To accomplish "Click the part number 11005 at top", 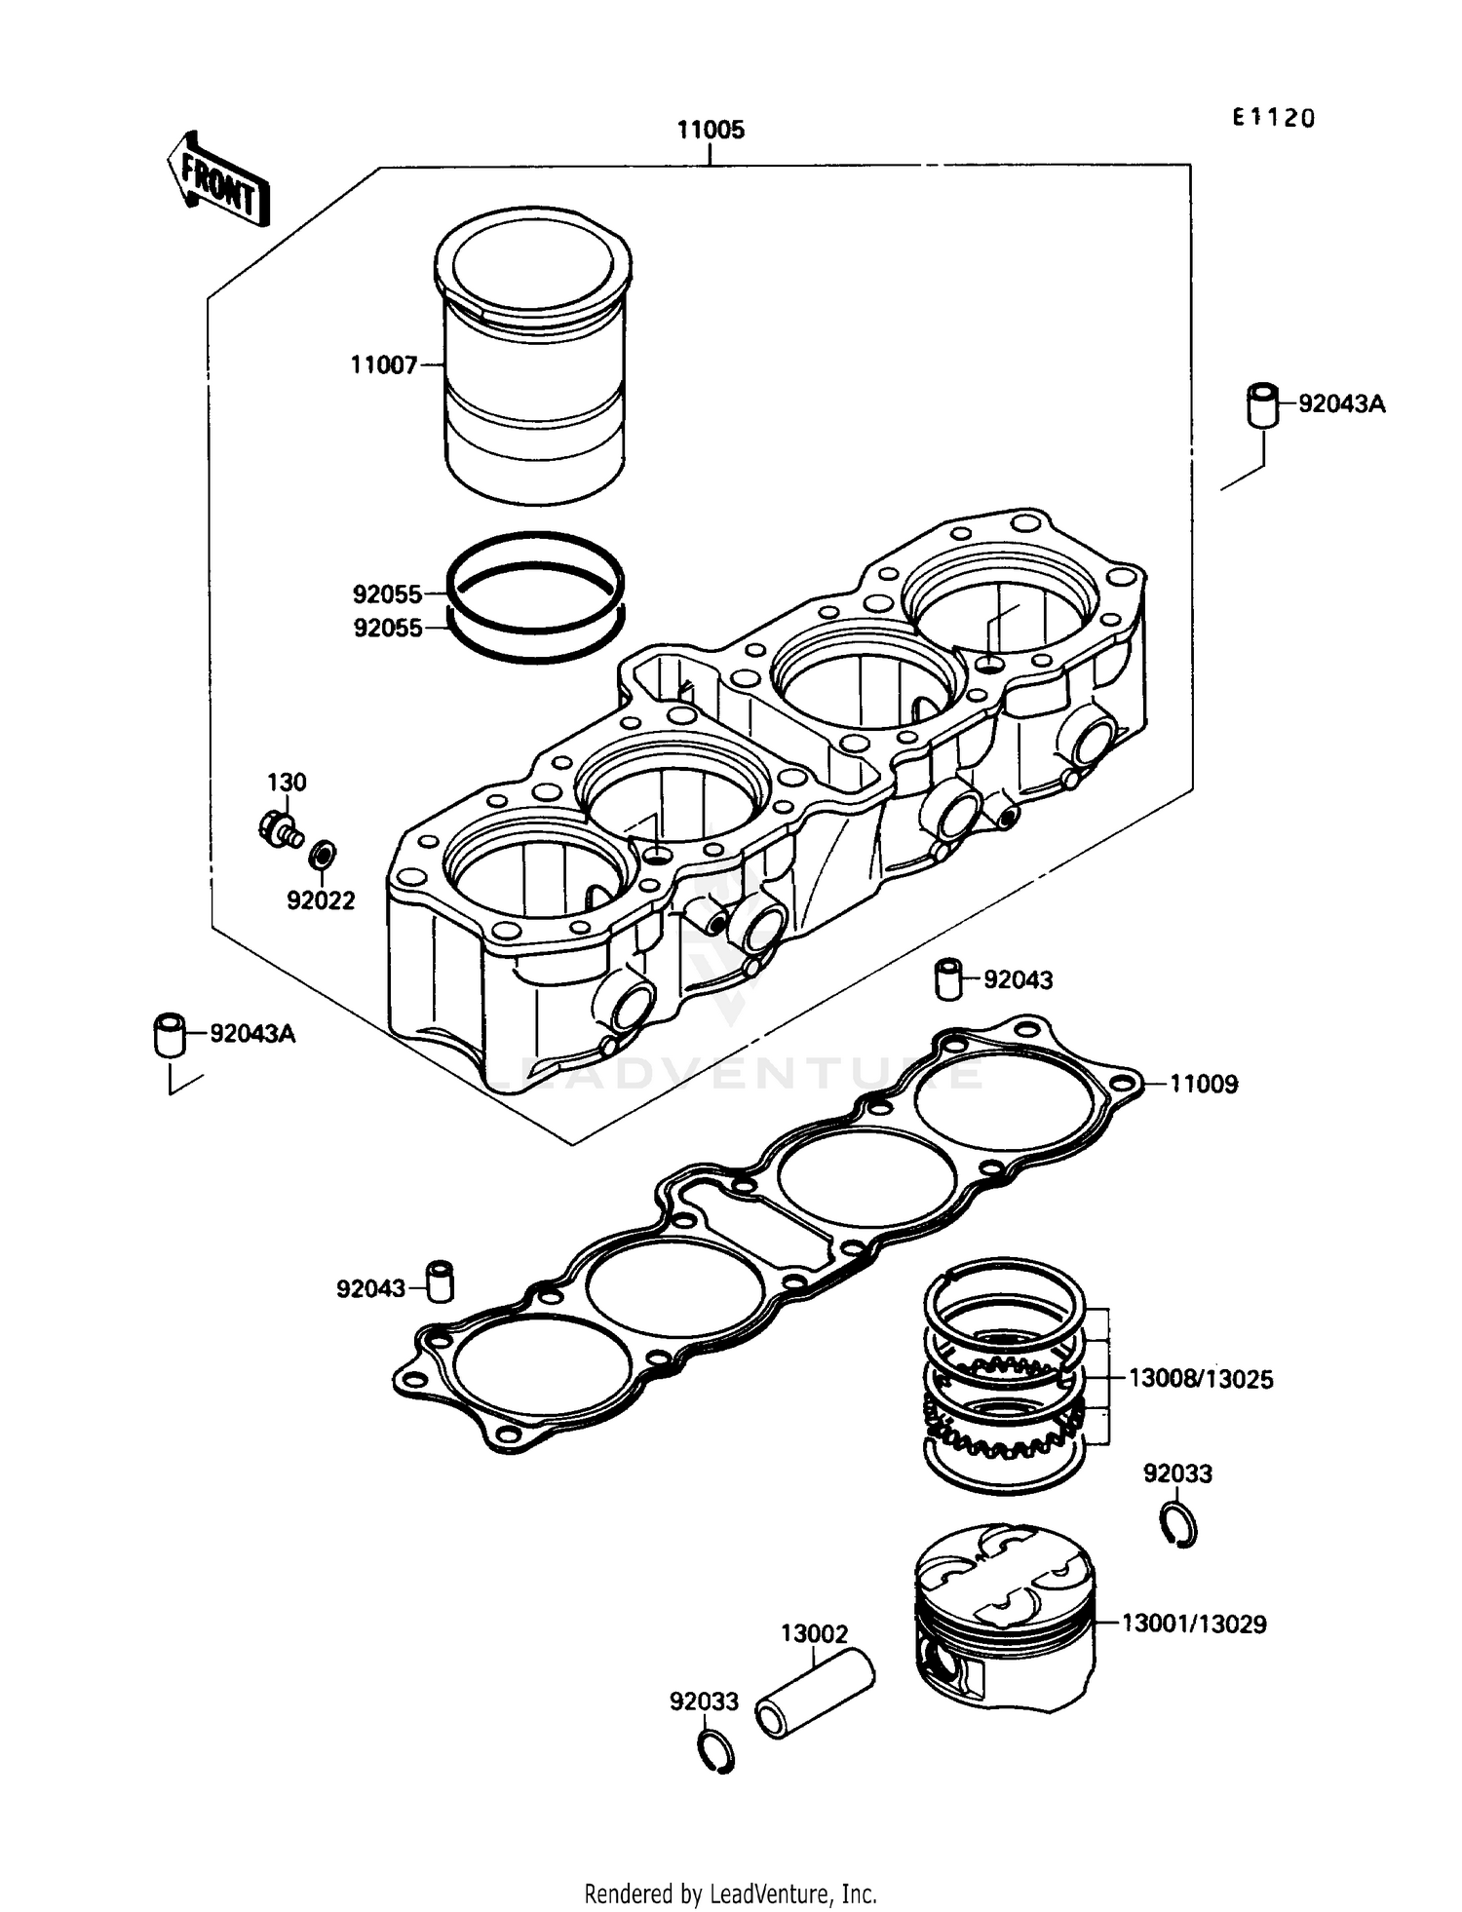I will click(711, 130).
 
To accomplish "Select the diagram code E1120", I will click(1273, 118).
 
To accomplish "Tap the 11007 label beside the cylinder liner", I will click(383, 365).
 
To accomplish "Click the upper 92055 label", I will click(387, 593).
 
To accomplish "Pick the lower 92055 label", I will click(387, 629).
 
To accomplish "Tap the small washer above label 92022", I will click(323, 856).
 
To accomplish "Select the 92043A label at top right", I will click(1341, 403).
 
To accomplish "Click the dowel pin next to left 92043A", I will click(170, 1034).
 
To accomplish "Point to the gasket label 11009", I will click(1203, 1084).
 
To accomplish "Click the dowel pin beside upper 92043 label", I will click(948, 978).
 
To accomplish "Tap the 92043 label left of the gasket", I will click(370, 1288).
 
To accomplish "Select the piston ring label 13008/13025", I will click(1200, 1379).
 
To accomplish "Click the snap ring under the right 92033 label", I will click(1179, 1525).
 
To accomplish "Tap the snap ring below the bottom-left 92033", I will click(716, 1753).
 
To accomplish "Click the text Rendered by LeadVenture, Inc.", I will click(730, 1893).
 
